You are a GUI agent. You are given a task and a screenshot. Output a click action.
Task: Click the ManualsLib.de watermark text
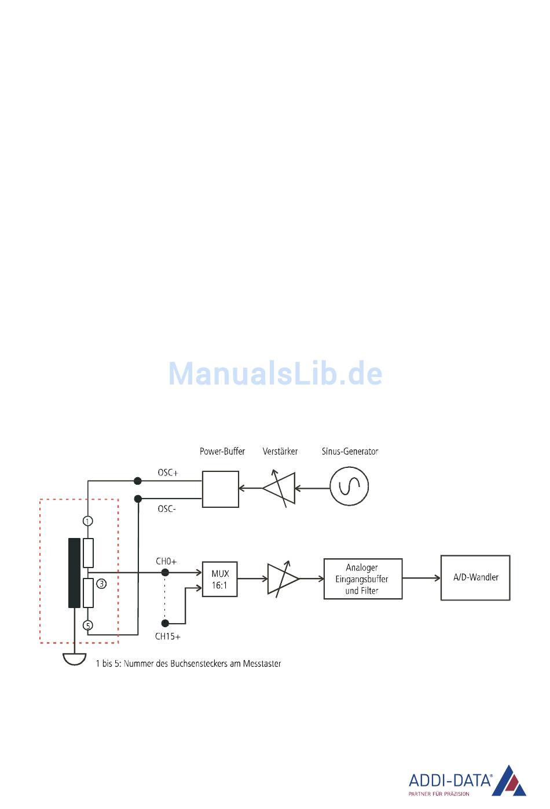tap(275, 374)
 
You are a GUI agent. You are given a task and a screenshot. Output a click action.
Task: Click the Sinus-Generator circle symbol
tap(349, 486)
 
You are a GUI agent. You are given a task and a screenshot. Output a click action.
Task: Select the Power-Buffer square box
tap(221, 489)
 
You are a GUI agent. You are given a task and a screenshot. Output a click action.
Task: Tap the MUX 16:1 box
tap(220, 579)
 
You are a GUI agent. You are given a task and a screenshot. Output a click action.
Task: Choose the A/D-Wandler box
tap(475, 578)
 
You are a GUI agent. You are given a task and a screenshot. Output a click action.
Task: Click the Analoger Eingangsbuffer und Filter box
tap(362, 579)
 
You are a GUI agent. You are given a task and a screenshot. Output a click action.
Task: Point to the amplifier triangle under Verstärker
tap(280, 488)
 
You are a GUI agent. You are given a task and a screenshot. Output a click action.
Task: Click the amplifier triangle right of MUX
tap(282, 579)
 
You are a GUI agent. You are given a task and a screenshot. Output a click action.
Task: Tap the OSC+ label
tap(168, 473)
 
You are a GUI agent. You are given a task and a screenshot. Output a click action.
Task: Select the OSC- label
tap(167, 509)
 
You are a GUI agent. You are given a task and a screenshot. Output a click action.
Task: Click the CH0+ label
tap(166, 561)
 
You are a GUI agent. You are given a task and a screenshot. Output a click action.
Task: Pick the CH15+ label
tap(167, 636)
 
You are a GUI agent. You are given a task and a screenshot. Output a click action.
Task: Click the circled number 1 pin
tap(88, 521)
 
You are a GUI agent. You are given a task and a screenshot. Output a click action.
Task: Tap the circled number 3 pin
tap(101, 584)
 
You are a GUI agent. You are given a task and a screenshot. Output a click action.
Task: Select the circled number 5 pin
tap(88, 625)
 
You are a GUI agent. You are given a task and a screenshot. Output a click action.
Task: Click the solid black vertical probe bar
tap(74, 573)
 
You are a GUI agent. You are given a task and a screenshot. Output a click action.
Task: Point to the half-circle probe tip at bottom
tap(75, 659)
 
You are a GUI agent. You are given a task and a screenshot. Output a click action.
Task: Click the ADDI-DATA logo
tap(468, 782)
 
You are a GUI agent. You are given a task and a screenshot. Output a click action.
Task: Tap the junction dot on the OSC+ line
tap(138, 481)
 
